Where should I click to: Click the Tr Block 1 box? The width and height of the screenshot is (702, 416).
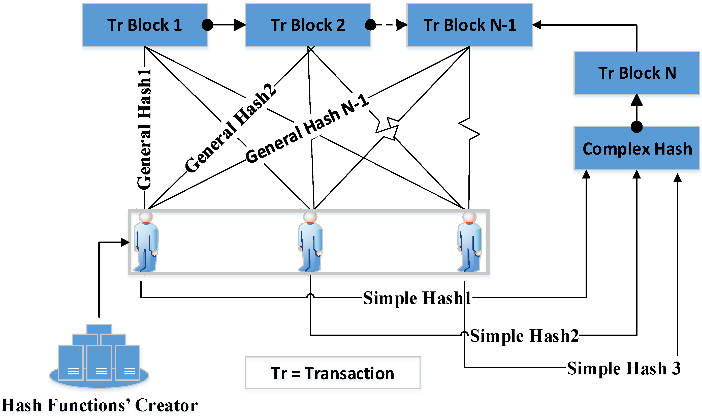[x=145, y=25]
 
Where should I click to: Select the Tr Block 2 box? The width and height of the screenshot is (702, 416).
[x=308, y=25]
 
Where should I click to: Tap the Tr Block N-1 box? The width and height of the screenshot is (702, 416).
[x=469, y=25]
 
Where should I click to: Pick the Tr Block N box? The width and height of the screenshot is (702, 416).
[x=636, y=73]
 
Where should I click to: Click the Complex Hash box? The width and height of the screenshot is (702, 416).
[x=636, y=148]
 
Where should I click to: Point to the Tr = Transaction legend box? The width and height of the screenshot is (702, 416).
[x=332, y=373]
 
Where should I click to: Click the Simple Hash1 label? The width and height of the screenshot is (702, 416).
[x=417, y=298]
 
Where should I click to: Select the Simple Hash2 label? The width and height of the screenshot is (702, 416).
[x=524, y=336]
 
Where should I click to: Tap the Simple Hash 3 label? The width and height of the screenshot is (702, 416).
[x=623, y=368]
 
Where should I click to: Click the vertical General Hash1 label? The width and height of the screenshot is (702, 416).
[x=145, y=129]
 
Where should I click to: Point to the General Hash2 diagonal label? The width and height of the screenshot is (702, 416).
[x=230, y=128]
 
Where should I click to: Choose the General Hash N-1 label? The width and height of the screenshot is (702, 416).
[x=307, y=129]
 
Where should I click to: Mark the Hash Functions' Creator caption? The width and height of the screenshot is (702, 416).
[x=100, y=405]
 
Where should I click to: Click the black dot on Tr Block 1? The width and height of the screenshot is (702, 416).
[x=207, y=25]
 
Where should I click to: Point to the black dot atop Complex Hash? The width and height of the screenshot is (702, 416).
[x=636, y=127]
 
